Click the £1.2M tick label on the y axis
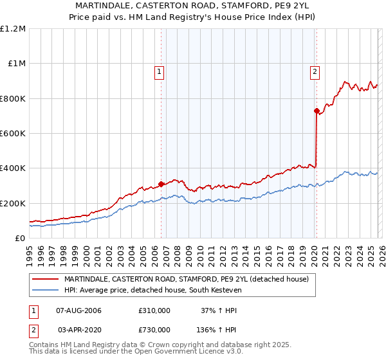click(x=13, y=28)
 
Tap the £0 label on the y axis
click(x=20, y=238)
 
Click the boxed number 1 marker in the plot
click(x=159, y=73)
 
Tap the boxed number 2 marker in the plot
click(x=315, y=73)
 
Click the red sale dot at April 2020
click(x=317, y=111)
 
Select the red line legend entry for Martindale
click(x=187, y=279)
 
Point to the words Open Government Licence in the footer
click(x=164, y=353)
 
